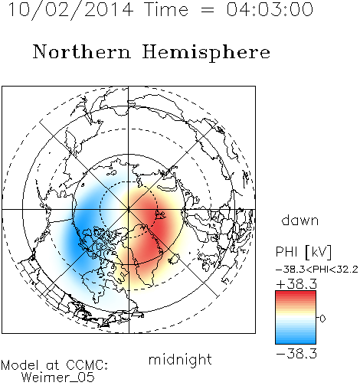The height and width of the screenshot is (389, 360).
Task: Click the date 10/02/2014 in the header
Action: (70, 9)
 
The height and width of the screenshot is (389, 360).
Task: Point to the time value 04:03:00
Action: (270, 9)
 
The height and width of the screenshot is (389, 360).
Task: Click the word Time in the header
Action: (166, 9)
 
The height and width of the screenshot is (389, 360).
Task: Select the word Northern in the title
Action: (82, 52)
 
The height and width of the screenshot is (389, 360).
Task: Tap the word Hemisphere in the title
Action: (206, 53)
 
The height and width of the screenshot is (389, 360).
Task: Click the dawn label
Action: (300, 221)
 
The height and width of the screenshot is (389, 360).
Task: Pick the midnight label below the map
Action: (180, 360)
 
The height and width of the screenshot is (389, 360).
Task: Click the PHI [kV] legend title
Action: (303, 252)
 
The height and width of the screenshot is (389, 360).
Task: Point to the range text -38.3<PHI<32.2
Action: (317, 270)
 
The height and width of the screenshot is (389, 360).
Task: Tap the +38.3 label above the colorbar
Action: (296, 284)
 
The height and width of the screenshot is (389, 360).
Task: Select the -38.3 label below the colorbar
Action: (296, 354)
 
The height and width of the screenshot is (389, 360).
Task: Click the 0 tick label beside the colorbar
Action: (322, 319)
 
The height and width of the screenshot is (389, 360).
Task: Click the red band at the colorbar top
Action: (296, 294)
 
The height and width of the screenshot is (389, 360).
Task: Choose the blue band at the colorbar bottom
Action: (296, 341)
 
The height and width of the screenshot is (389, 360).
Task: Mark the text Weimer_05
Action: (58, 378)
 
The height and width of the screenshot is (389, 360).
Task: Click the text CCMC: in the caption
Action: (87, 365)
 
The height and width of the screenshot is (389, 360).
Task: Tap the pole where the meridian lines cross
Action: (129, 210)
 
